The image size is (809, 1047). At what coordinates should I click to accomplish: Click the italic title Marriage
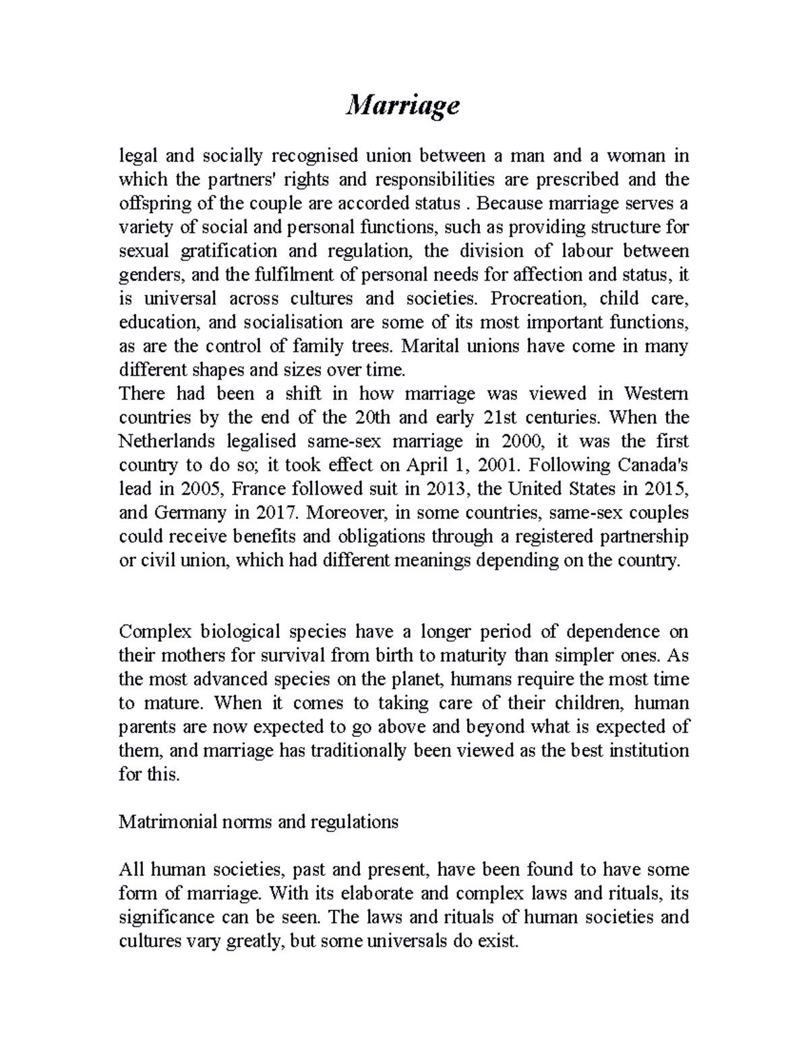click(402, 106)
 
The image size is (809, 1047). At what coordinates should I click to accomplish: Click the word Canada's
click(649, 465)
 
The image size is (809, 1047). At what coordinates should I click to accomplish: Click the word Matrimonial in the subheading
click(165, 822)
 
